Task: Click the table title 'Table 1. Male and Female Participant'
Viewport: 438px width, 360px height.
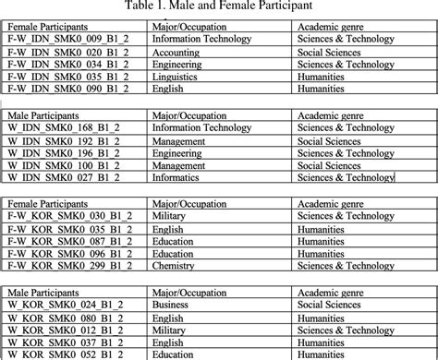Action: [x=218, y=7]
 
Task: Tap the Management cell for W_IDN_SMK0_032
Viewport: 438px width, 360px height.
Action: [x=179, y=140]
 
